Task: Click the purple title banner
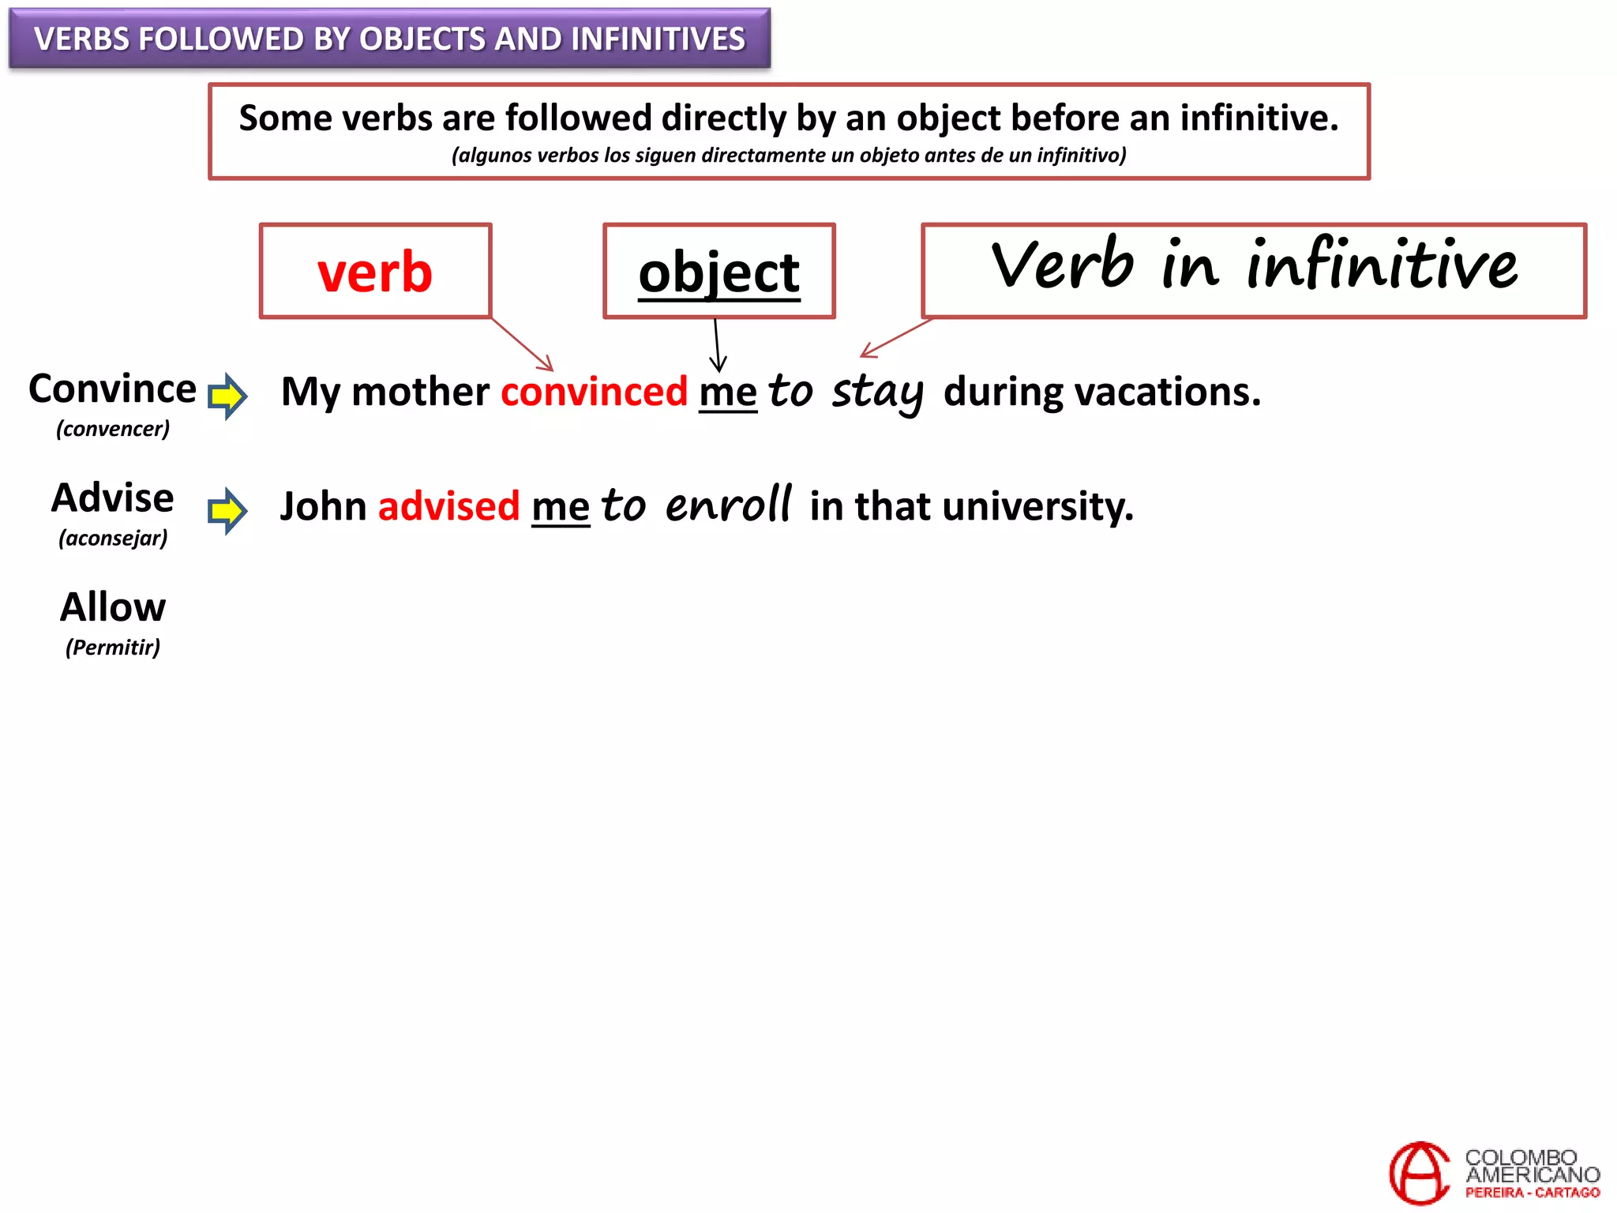pos(389,39)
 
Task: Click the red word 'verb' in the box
pos(375,272)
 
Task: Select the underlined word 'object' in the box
pos(719,272)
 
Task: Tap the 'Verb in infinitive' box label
pos(1253,266)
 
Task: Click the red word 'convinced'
pos(594,392)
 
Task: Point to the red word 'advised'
pos(448,506)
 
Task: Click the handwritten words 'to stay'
pos(846,392)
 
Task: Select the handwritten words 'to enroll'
pos(696,505)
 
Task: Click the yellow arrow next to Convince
pos(227,395)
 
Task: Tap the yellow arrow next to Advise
pos(227,510)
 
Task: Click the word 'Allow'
pos(113,607)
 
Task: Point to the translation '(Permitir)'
pos(113,648)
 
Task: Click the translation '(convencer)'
pos(113,429)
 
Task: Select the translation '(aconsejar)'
pos(113,539)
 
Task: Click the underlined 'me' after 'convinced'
pos(728,392)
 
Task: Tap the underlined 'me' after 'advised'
pos(561,507)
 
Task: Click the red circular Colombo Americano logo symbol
pos(1419,1173)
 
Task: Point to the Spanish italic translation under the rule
pos(789,156)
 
